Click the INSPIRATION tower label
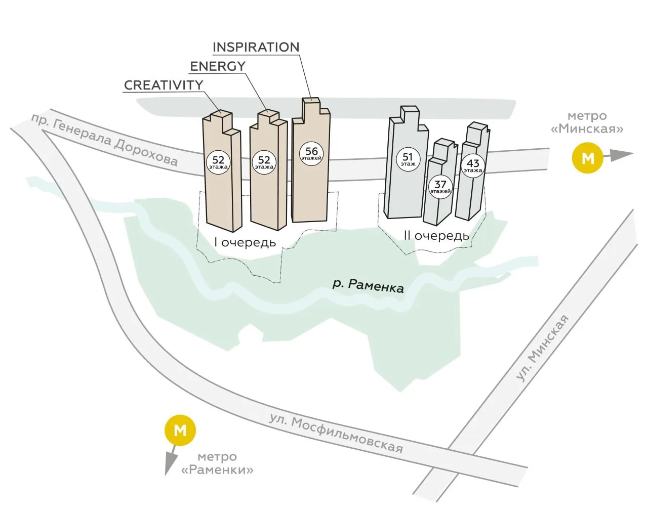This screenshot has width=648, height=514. pyautogui.click(x=256, y=47)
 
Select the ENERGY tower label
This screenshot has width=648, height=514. pyautogui.click(x=218, y=66)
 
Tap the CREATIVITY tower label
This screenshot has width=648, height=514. pyautogui.click(x=164, y=85)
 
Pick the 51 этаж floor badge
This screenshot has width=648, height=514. pyautogui.click(x=408, y=159)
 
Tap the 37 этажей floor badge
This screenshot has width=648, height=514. pyautogui.click(x=440, y=187)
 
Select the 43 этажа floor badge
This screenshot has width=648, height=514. pyautogui.click(x=473, y=166)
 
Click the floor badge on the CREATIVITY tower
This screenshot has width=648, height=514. pyautogui.click(x=218, y=162)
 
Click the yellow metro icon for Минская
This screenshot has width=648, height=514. pyautogui.click(x=587, y=158)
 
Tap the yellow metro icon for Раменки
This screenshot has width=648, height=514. pyautogui.click(x=180, y=430)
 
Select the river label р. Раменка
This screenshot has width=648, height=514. pyautogui.click(x=368, y=286)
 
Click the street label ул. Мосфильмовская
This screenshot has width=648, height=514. pyautogui.click(x=336, y=434)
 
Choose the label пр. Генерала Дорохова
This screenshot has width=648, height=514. pyautogui.click(x=104, y=140)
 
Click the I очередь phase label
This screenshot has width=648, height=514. pyautogui.click(x=245, y=242)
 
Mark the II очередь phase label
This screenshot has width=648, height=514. pyautogui.click(x=436, y=236)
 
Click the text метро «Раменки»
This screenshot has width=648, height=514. pyautogui.click(x=217, y=463)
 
